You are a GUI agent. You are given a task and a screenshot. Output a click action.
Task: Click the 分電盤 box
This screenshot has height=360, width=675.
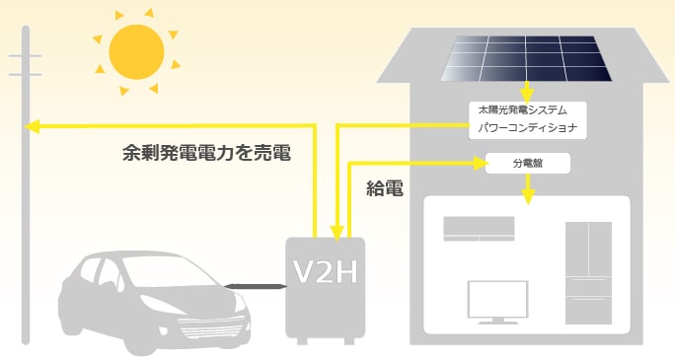(x=531, y=163)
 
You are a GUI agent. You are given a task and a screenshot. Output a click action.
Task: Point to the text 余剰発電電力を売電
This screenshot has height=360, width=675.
(x=206, y=154)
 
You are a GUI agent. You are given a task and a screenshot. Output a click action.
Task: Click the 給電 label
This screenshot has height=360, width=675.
(x=385, y=189)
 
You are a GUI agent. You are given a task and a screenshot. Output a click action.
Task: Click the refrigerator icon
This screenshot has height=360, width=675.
(x=588, y=272)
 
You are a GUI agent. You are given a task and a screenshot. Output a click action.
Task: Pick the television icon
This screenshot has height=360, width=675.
(x=494, y=302)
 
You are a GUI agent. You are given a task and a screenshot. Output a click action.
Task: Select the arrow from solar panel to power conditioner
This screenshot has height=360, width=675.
(x=528, y=91)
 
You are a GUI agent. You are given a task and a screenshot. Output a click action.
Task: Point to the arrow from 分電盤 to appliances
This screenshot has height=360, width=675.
(x=529, y=187)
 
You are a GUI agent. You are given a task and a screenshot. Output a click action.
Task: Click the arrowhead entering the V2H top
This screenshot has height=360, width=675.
(x=337, y=233)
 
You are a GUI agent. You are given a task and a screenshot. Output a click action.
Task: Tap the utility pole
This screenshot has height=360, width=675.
(x=27, y=197)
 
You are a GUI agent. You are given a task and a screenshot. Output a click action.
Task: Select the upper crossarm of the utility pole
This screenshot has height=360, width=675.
(x=27, y=55)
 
